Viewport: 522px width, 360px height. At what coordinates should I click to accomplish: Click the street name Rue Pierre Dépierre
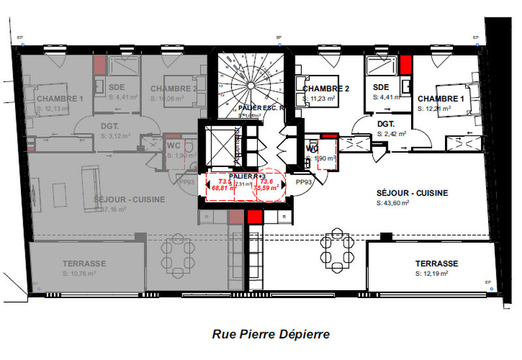[271, 335]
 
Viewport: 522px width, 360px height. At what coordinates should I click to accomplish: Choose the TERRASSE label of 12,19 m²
[437, 263]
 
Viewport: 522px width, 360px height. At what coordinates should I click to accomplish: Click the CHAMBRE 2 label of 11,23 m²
[326, 89]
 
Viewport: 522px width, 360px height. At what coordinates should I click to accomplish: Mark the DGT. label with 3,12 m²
[109, 127]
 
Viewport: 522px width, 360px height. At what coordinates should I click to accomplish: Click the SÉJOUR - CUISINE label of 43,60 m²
[412, 193]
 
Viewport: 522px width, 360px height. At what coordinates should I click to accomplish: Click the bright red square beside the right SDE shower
[405, 64]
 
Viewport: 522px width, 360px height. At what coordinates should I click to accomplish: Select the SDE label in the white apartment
[381, 87]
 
